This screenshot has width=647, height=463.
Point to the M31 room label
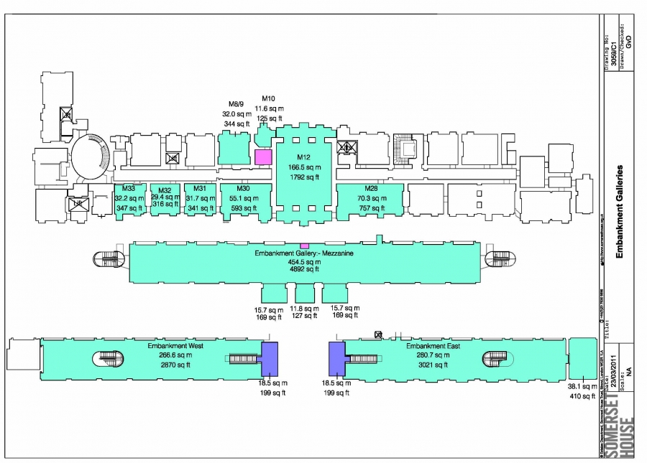pyautogui.click(x=200, y=189)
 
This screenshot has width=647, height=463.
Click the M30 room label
pyautogui.click(x=244, y=189)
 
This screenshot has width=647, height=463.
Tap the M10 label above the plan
pyautogui.click(x=269, y=98)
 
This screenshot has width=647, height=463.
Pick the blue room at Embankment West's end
pyautogui.click(x=269, y=358)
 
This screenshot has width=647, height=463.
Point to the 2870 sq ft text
pyautogui.click(x=170, y=365)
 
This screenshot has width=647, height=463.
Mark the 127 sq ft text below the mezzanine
pyautogui.click(x=305, y=317)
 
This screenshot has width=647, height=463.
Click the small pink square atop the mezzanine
pyautogui.click(x=304, y=246)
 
